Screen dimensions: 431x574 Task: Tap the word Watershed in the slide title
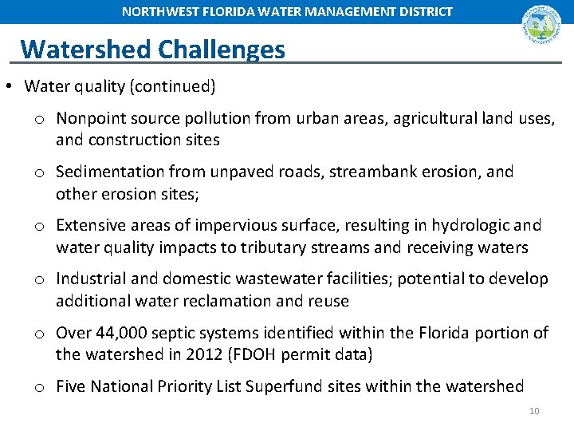pos(86,49)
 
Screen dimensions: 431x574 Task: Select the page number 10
pos(534,411)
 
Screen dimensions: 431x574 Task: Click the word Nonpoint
pos(90,119)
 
